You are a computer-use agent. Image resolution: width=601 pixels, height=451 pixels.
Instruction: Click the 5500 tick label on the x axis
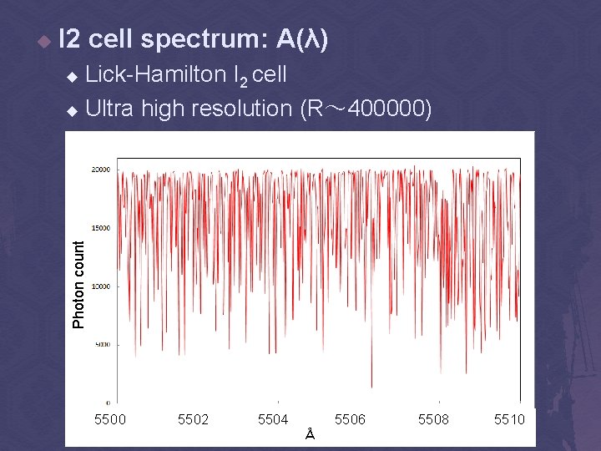pos(110,418)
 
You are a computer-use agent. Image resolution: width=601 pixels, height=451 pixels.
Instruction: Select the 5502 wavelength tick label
pos(193,418)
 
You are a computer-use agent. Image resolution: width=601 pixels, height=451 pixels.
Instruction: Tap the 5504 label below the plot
pos(273,418)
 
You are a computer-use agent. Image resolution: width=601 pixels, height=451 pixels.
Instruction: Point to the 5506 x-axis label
pos(350,418)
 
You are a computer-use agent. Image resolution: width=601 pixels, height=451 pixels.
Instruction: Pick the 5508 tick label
pos(433,418)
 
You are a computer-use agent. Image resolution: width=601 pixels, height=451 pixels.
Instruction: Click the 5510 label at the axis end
pos(509,418)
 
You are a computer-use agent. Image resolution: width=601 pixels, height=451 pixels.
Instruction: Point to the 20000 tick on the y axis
pos(101,170)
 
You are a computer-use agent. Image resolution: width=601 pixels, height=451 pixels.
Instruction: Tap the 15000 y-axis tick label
pos(101,228)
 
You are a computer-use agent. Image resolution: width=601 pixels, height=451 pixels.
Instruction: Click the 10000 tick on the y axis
pos(101,286)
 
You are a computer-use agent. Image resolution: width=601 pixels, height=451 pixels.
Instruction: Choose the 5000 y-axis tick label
pos(103,344)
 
